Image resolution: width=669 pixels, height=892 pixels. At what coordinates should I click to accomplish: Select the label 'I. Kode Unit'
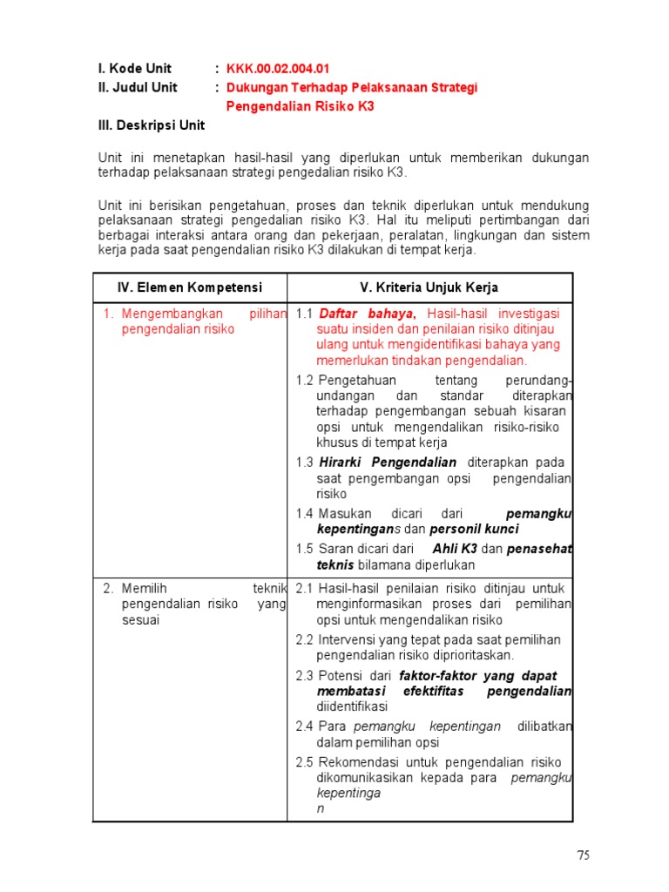coord(134,69)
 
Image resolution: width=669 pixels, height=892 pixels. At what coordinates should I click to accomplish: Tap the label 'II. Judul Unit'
coord(138,87)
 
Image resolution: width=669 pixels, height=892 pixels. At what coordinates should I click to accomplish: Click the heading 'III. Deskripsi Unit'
coord(151,125)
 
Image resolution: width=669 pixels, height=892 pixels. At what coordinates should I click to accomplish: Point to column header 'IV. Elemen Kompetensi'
coord(190,287)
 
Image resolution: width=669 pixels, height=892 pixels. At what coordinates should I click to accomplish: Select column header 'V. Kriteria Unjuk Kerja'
coord(429,287)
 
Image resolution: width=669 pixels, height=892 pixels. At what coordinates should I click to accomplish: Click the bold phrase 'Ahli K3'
coord(455,549)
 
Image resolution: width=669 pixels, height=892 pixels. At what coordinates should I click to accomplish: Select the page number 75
coord(583,855)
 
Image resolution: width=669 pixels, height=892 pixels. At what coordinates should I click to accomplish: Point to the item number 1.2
coord(304,381)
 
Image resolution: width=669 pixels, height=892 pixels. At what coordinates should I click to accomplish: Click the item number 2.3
coord(304,676)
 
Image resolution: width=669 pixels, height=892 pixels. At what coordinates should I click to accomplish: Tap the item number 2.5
coord(304,762)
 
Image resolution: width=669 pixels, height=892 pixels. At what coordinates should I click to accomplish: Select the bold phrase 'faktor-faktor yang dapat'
coord(477,676)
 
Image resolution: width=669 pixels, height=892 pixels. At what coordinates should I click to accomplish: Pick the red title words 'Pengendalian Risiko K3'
coord(300,106)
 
